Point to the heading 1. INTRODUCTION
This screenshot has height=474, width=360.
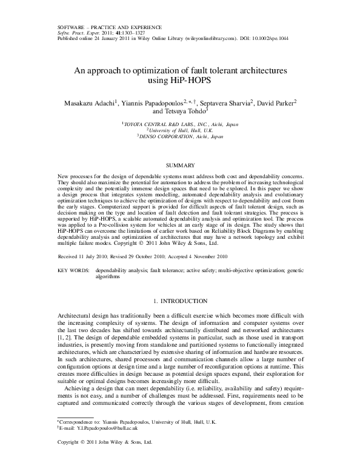pyautogui.click(x=180, y=301)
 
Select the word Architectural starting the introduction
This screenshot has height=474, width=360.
pyautogui.click(x=75, y=316)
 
